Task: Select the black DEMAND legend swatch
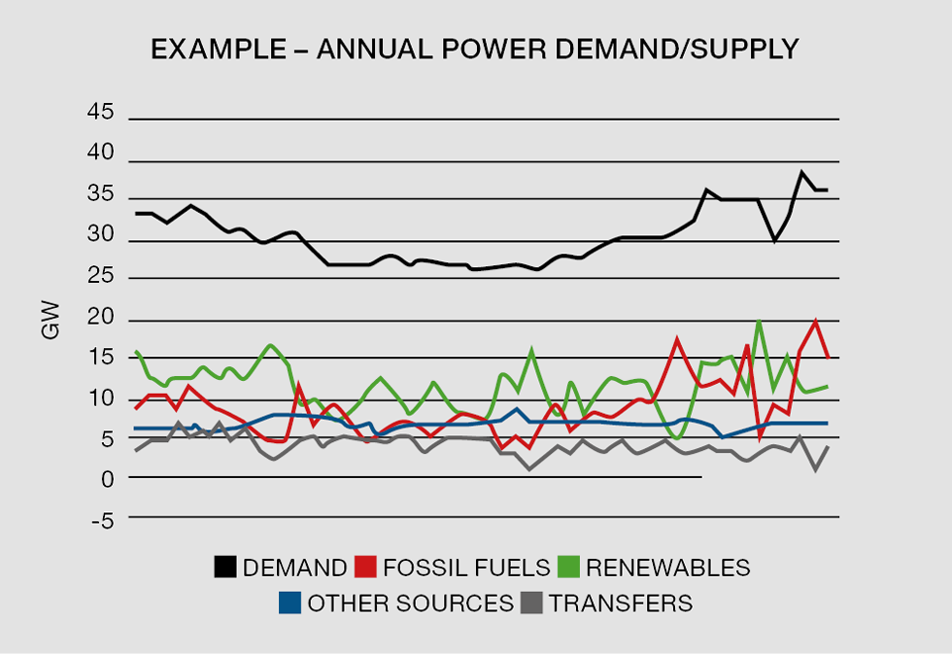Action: pyautogui.click(x=225, y=568)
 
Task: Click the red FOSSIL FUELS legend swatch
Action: pyautogui.click(x=366, y=568)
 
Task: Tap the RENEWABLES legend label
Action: pyautogui.click(x=667, y=568)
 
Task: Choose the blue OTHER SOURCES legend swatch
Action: pyautogui.click(x=289, y=603)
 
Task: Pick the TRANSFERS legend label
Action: pyautogui.click(x=621, y=603)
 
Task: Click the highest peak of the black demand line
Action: pyautogui.click(x=802, y=172)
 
